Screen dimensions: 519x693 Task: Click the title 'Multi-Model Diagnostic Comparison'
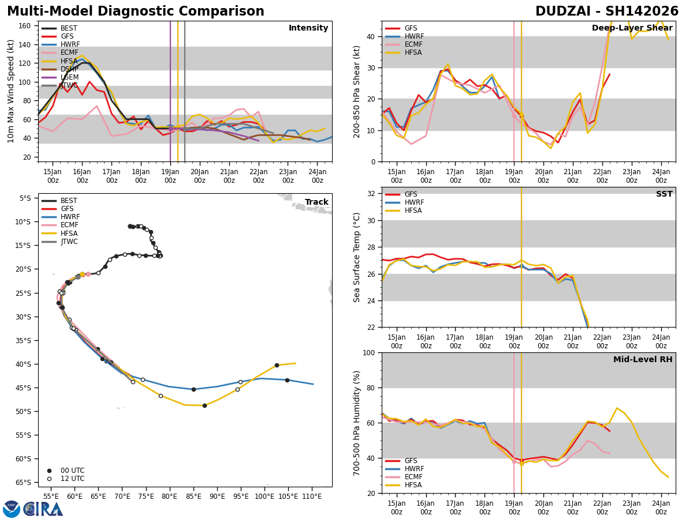pos(136,12)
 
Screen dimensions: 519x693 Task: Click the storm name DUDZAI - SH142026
pos(607,12)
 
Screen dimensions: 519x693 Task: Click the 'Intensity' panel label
pos(308,28)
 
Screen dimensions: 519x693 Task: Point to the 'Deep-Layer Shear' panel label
pos(632,28)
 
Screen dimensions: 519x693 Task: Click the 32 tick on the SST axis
pos(372,194)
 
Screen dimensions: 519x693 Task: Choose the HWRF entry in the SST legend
pos(414,202)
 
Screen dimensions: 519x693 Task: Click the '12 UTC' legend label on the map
pos(72,479)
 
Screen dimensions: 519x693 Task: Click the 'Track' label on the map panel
pos(316,202)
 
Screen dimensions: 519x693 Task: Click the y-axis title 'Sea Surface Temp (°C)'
pos(357,257)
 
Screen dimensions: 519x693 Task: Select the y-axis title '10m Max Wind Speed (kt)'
pos(11,91)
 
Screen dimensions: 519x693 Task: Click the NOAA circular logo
pos(12,509)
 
